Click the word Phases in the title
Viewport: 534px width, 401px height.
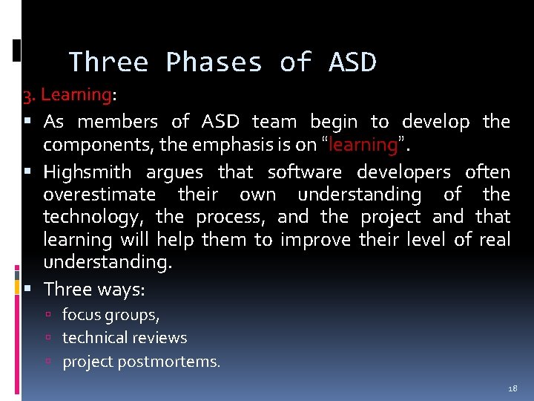[x=214, y=62]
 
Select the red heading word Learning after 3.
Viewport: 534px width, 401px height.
[x=76, y=95]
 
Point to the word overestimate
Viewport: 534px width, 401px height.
[x=99, y=195]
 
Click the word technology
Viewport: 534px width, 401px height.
[x=94, y=217]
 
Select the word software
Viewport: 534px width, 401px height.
[x=305, y=172]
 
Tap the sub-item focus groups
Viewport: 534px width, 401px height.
[x=111, y=315]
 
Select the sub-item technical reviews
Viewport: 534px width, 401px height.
[x=125, y=338]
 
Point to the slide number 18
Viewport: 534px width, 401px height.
[x=512, y=388]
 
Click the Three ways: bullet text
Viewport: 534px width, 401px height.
[x=93, y=289]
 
